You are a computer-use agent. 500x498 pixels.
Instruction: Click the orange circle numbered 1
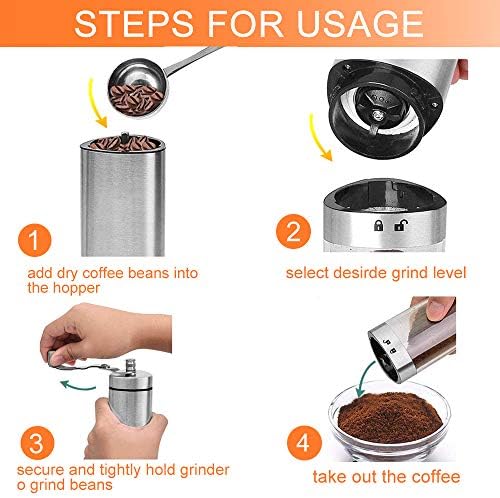click(x=35, y=240)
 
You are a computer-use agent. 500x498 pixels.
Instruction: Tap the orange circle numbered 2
click(x=293, y=231)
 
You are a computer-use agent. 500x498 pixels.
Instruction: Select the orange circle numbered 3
click(x=37, y=443)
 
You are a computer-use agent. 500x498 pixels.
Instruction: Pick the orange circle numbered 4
click(x=304, y=443)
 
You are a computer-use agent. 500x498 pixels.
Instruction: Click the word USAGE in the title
click(x=360, y=24)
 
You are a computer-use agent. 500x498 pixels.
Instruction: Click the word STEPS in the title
click(x=134, y=24)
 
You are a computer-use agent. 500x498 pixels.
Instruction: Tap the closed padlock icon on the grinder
click(x=378, y=225)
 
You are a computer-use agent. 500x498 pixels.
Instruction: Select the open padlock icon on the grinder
click(x=400, y=225)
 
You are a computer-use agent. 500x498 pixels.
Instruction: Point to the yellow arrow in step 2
click(x=317, y=138)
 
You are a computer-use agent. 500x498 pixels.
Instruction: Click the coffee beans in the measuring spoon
click(x=135, y=97)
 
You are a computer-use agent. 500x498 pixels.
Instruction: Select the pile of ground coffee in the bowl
click(x=389, y=417)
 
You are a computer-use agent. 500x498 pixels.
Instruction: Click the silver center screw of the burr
click(x=378, y=116)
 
